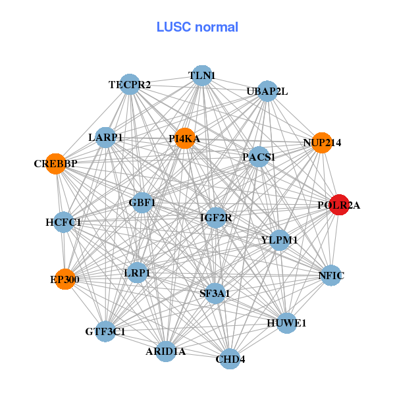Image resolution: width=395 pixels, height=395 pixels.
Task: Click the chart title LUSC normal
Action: coord(197,27)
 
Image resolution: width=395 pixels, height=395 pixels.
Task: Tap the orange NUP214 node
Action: coord(321,143)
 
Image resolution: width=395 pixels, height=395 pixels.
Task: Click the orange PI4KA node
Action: coord(185,138)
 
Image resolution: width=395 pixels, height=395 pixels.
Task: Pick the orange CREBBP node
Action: coord(56,163)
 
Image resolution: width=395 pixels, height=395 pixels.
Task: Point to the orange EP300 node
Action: coord(65,279)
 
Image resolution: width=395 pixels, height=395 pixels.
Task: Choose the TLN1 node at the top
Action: coord(201,76)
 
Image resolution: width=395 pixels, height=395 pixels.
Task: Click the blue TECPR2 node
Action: coord(130,84)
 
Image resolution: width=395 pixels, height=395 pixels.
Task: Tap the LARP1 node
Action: coord(106,138)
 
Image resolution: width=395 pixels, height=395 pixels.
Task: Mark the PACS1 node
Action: coord(259,157)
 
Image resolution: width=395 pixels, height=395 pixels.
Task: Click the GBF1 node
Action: coord(142,202)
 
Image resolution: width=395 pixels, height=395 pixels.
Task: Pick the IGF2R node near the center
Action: coord(216,217)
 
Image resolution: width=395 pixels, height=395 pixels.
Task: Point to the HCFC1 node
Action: coord(63,223)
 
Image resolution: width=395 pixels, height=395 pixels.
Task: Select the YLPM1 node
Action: coord(279,240)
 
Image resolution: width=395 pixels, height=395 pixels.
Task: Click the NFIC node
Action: coord(331,275)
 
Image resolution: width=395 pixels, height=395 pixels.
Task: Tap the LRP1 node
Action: coord(137,273)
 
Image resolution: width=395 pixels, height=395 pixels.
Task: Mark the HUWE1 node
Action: coord(286,323)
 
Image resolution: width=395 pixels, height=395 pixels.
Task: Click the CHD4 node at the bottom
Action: coord(230,359)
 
